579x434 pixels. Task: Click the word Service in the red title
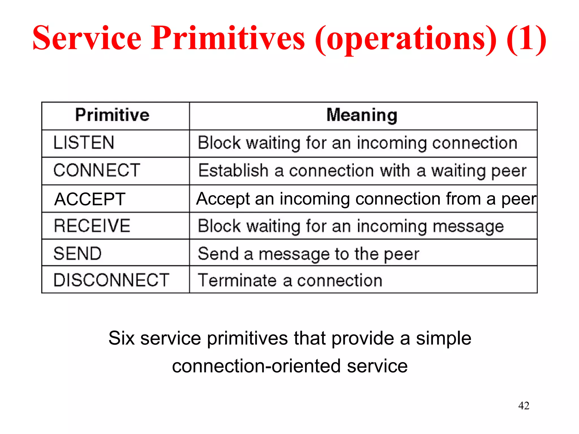tap(87, 38)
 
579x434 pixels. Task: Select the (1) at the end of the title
tap(526, 38)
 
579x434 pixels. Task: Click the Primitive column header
tap(112, 115)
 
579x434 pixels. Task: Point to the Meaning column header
tap(362, 115)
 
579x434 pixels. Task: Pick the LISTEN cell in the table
tap(84, 142)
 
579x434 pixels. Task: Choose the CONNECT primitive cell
tap(97, 170)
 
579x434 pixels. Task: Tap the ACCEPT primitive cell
tap(90, 199)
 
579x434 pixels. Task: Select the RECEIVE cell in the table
tap(92, 226)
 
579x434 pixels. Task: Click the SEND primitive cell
tap(77, 253)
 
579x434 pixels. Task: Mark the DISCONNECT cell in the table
tap(111, 280)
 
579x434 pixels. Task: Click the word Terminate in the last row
tap(237, 280)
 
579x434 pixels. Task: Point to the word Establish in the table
tap(233, 170)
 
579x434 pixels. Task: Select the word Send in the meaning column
tap(218, 253)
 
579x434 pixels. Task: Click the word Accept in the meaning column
tap(223, 199)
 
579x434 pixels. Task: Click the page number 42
tap(524, 405)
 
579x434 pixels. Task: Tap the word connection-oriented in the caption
tap(256, 366)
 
